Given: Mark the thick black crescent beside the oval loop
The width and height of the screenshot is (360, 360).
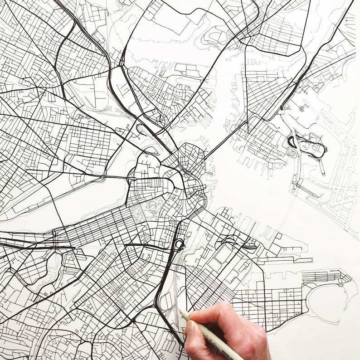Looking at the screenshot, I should pyautogui.click(x=291, y=141).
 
